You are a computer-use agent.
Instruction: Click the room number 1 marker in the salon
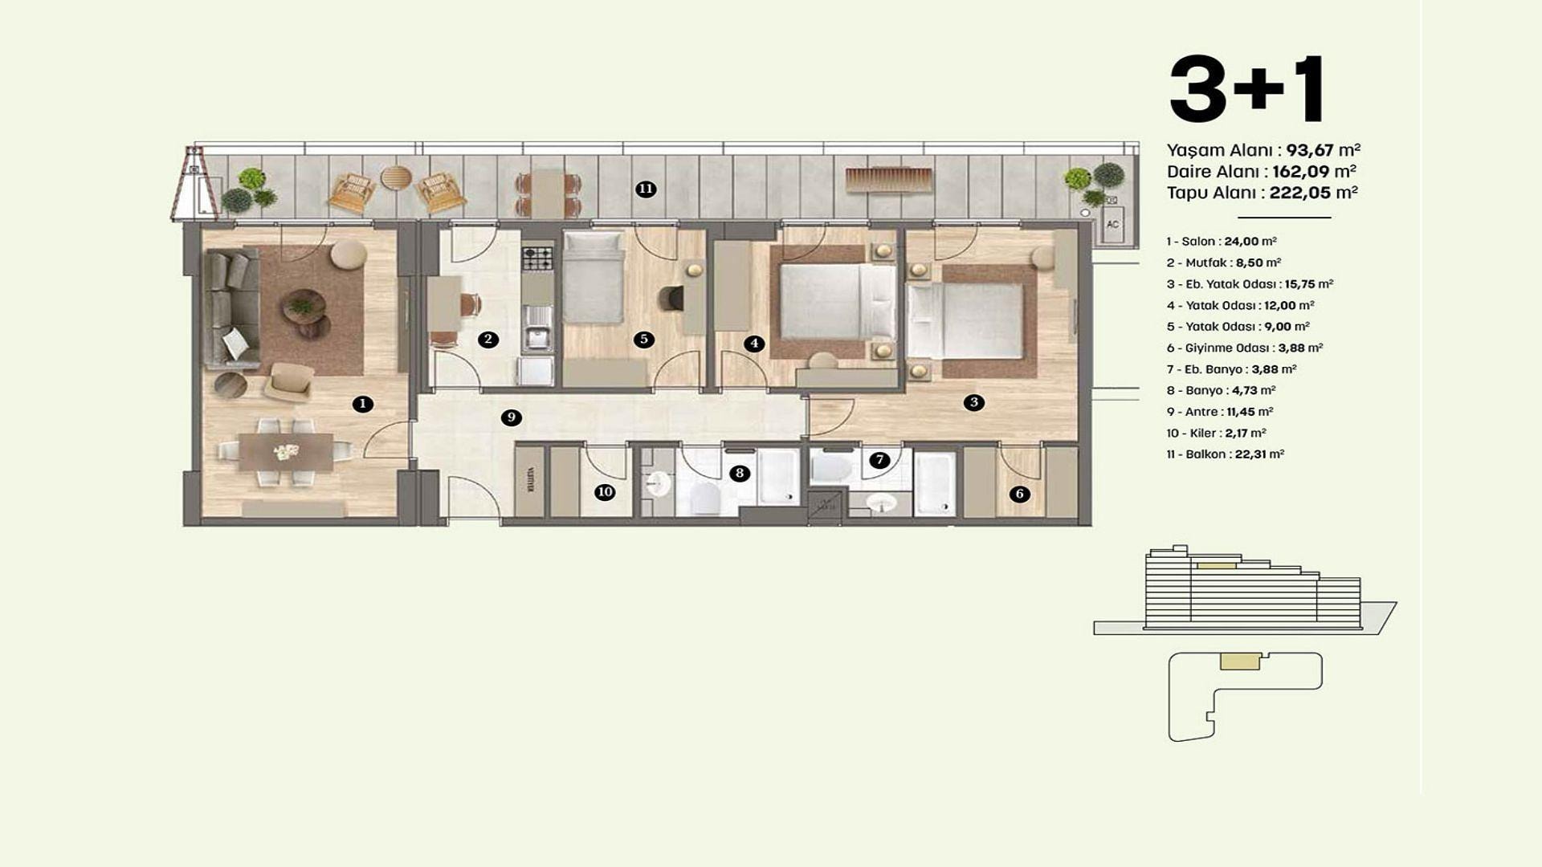coord(362,404)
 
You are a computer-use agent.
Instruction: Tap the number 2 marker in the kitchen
coord(487,340)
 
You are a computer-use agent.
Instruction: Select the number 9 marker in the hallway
coord(511,417)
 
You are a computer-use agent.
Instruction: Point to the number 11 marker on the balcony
coord(646,189)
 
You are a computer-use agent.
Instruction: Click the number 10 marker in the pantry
coord(605,492)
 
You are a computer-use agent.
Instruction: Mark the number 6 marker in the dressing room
coord(1020,494)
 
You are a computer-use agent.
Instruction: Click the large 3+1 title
coord(1246,88)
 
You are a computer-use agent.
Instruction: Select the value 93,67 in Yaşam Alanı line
coord(1310,150)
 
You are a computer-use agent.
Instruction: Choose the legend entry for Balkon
coord(1226,454)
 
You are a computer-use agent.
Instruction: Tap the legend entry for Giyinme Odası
coord(1245,348)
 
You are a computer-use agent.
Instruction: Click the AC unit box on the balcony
coord(1112,224)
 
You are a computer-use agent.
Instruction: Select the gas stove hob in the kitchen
coord(537,258)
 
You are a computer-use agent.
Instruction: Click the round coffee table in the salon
coord(304,306)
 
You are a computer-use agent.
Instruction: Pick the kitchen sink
coord(536,340)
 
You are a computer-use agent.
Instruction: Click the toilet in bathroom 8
coord(704,499)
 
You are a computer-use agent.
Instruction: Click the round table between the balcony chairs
coord(395,177)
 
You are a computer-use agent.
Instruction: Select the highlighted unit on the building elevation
coord(1217,566)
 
